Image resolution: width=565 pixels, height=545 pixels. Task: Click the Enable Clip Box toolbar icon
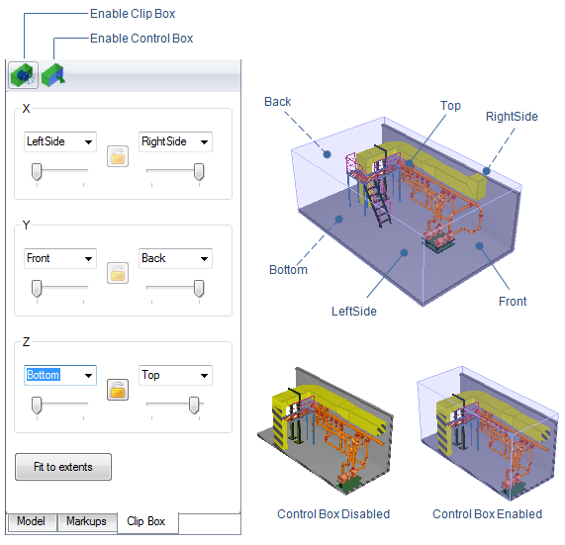coord(24,75)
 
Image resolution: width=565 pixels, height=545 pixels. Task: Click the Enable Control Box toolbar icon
coord(53,75)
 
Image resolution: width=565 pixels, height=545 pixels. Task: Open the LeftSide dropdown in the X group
coord(60,141)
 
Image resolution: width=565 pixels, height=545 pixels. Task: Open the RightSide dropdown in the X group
coord(175,141)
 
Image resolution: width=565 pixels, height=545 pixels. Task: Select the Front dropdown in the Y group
coord(60,258)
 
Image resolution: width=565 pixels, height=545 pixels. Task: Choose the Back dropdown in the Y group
coord(175,258)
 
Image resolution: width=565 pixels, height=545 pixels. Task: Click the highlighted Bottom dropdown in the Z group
coord(60,375)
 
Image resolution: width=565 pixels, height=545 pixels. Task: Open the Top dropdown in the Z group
coord(175,375)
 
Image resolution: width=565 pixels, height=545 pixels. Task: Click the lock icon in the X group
coord(118,156)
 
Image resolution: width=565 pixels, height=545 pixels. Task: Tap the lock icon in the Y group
coord(118,273)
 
